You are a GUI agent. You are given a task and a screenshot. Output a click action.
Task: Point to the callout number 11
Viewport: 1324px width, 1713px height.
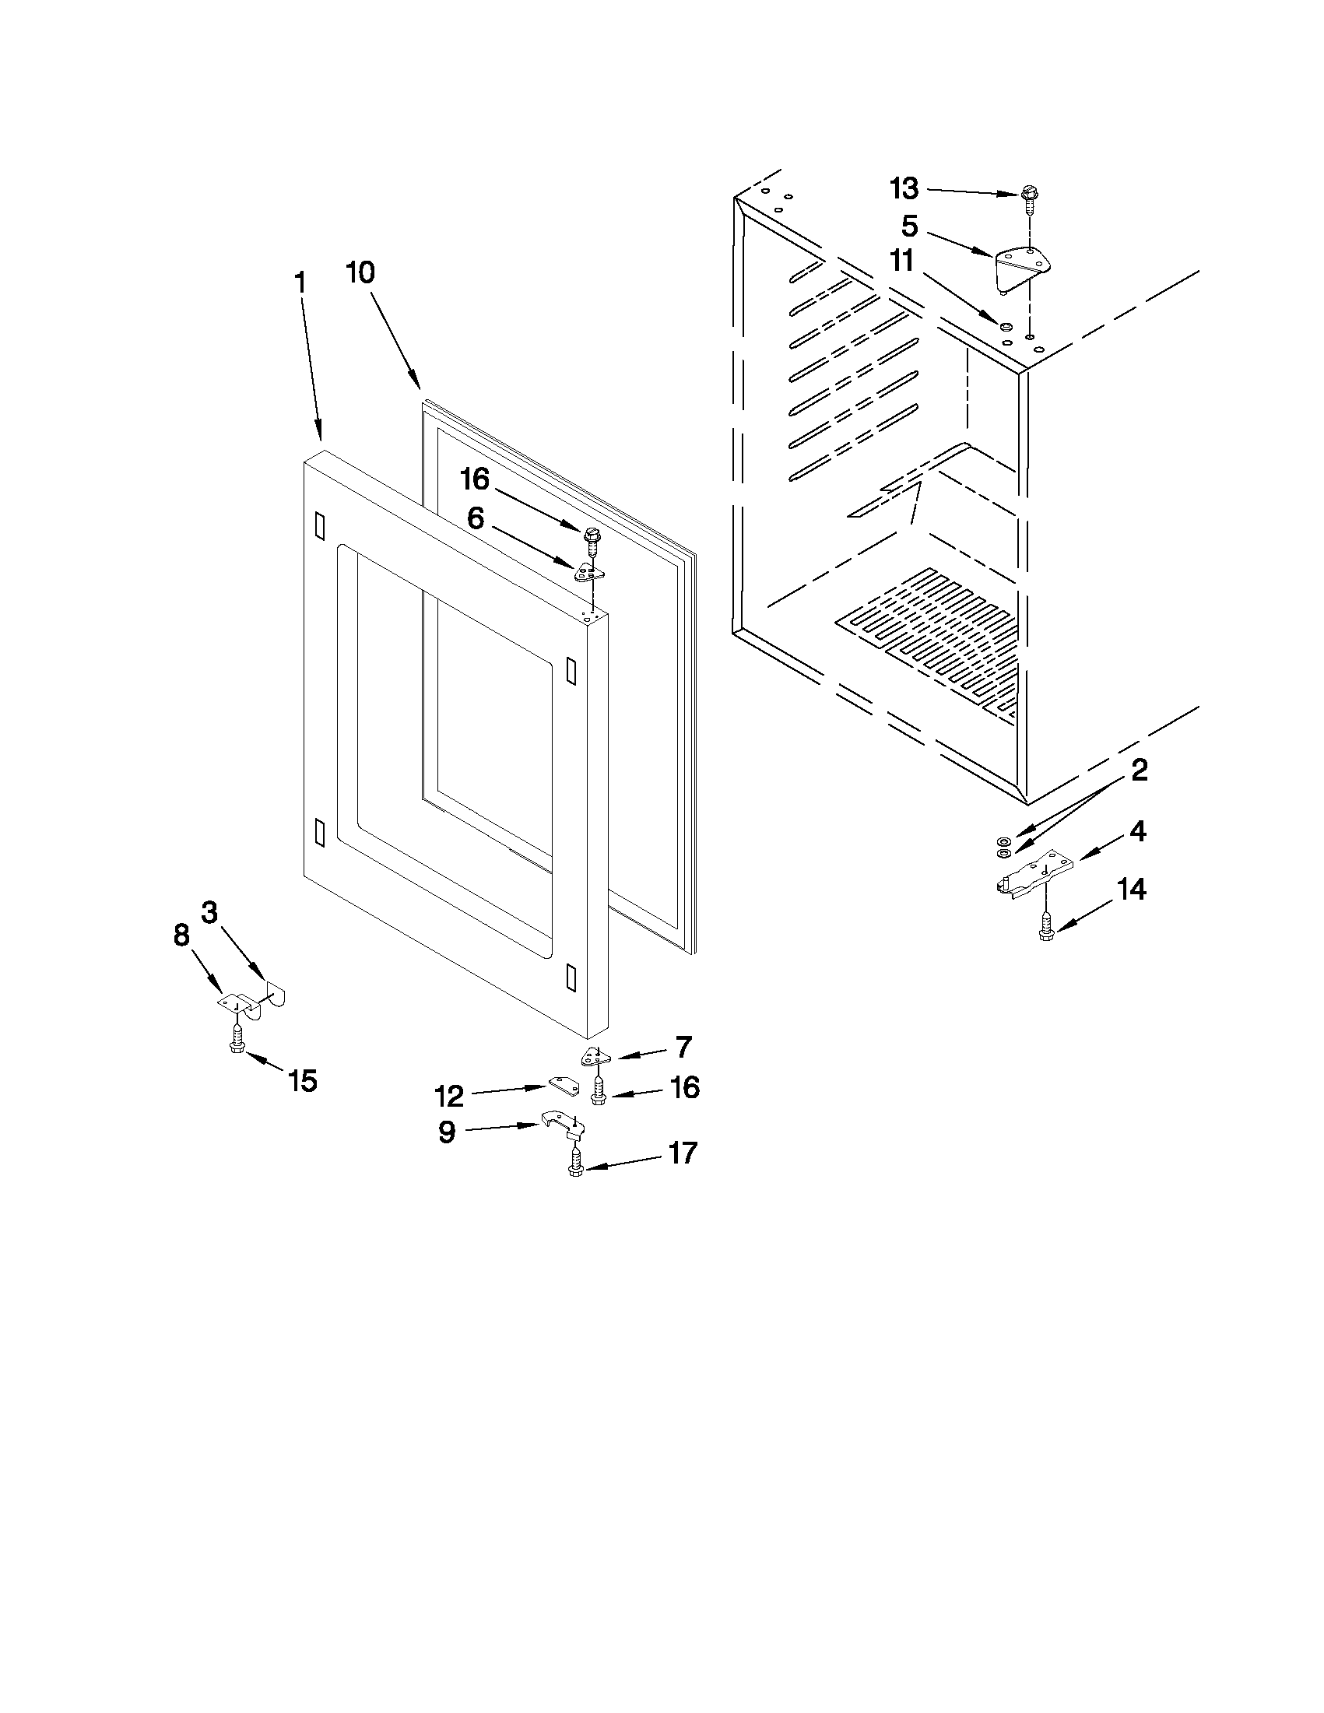902,262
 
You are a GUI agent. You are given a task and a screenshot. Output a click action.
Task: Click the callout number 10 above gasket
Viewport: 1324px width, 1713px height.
361,273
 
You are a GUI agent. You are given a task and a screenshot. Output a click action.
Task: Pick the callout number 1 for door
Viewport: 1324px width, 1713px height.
300,283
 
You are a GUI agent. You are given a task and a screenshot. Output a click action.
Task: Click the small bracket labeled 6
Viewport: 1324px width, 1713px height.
590,572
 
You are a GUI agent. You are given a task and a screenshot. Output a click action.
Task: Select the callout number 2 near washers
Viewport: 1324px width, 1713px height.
1139,770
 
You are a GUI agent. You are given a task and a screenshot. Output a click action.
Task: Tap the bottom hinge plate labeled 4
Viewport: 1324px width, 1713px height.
1027,877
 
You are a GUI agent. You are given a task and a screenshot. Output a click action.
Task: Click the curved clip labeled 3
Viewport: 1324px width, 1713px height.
274,995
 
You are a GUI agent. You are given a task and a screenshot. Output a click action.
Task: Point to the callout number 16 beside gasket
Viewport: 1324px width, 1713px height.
474,479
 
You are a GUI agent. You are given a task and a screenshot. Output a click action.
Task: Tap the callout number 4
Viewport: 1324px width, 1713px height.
1138,831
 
